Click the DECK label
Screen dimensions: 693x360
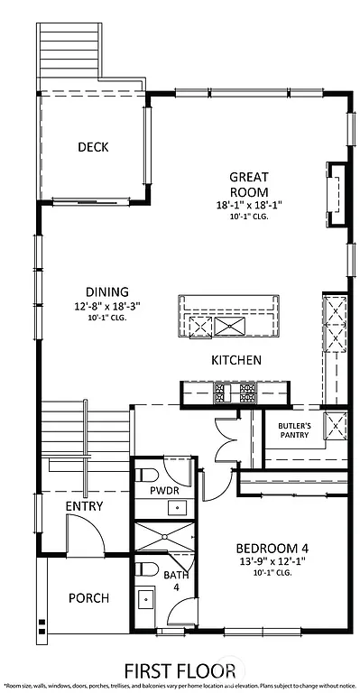pos(93,147)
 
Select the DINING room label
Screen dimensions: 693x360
pos(107,291)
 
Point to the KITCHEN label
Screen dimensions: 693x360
pos(236,360)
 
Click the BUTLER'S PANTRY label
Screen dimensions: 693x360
pos(294,430)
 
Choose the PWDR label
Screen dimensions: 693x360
pos(164,491)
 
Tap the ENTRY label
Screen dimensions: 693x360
pos(84,506)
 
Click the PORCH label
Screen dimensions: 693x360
pos(88,597)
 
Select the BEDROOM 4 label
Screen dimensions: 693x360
pos(272,548)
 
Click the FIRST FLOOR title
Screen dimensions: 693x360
pos(180,670)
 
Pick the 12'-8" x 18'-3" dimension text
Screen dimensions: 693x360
pos(107,306)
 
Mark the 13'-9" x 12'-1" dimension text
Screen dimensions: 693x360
pos(272,561)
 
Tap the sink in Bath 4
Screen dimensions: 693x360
pos(146,597)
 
